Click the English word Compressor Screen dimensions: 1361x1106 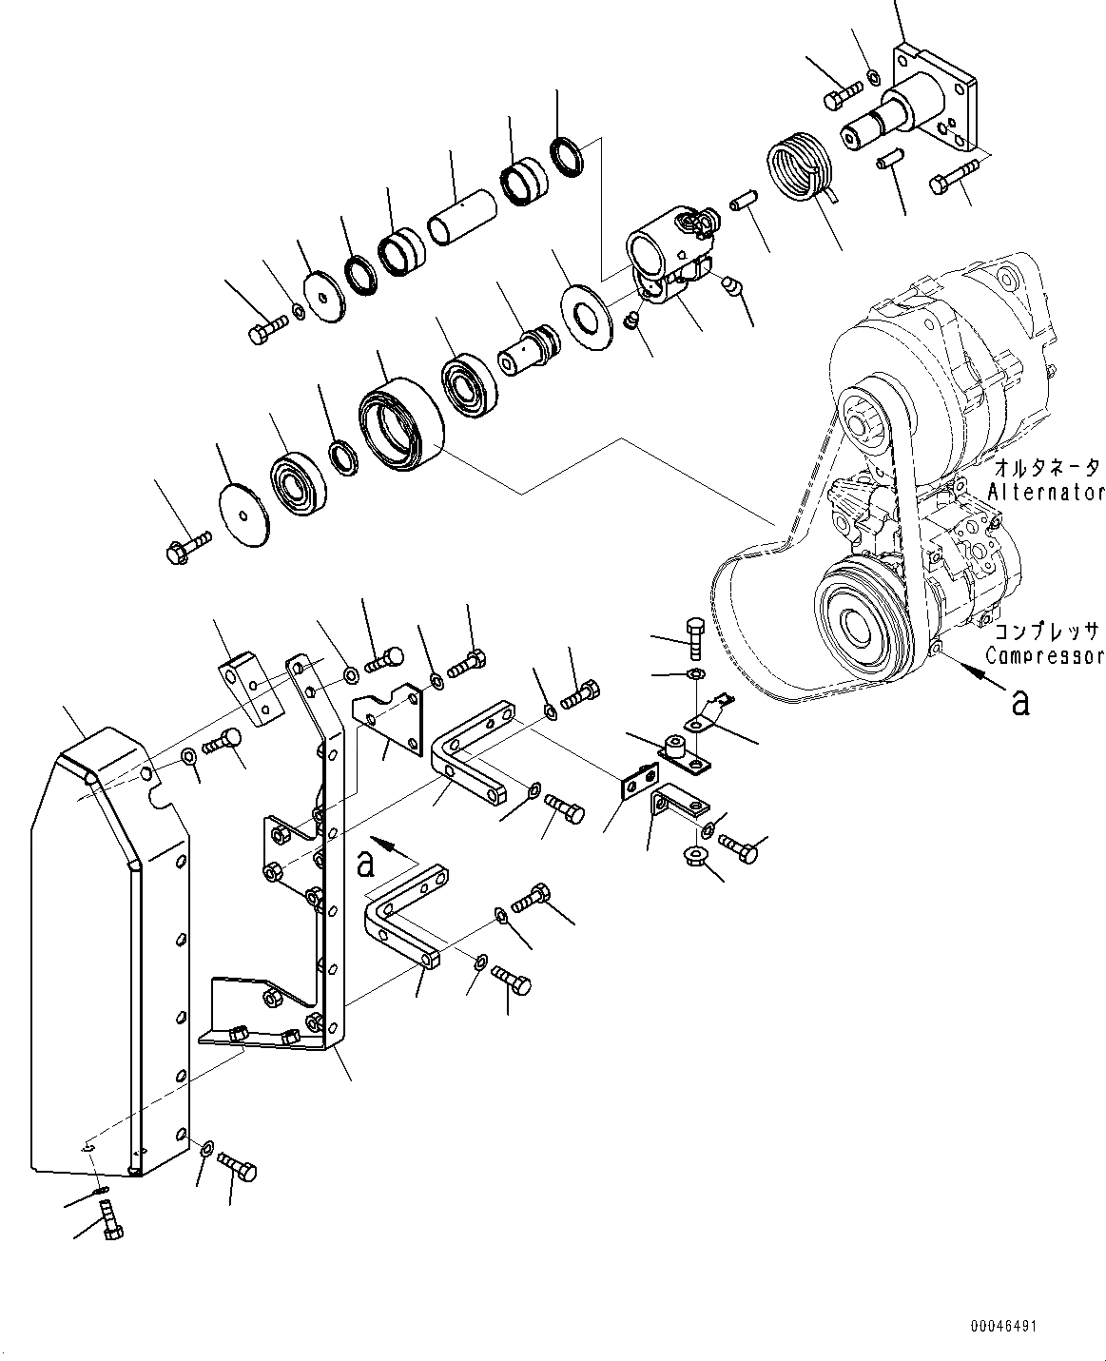[x=1043, y=655]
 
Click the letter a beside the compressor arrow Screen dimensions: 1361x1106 [x=1020, y=702]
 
